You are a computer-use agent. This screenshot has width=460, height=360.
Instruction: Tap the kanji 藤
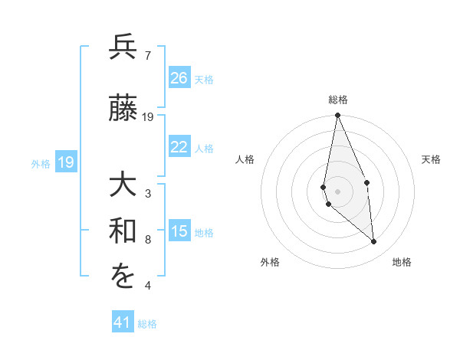[x=123, y=109]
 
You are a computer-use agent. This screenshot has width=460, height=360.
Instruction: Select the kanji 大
[x=123, y=185]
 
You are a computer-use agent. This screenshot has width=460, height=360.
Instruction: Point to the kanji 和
[x=123, y=232]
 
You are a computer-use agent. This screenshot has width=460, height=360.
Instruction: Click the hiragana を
[x=123, y=278]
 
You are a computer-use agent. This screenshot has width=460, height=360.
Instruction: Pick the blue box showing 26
[x=179, y=78]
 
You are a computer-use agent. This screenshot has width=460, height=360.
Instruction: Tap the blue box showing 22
[x=179, y=147]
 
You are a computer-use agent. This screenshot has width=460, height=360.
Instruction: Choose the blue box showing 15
[x=179, y=232]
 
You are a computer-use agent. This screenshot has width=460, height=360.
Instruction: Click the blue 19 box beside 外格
[x=65, y=162]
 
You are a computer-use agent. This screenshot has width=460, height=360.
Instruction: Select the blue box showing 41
[x=123, y=322]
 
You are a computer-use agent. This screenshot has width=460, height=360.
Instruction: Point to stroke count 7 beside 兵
[x=147, y=55]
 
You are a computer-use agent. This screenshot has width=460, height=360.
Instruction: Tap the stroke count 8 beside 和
[x=147, y=240]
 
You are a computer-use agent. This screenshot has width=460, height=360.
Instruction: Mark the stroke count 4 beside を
[x=147, y=286]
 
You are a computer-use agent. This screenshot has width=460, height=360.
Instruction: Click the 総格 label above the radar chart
[x=337, y=100]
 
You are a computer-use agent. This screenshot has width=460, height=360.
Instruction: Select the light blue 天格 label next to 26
[x=203, y=79]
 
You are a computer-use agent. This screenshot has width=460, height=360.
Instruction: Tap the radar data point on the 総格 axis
[x=337, y=116]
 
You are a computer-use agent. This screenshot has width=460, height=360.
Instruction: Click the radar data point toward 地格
[x=374, y=242]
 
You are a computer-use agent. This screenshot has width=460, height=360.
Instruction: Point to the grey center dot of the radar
[x=337, y=191]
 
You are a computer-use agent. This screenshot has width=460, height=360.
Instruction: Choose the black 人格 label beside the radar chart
[x=245, y=159]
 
